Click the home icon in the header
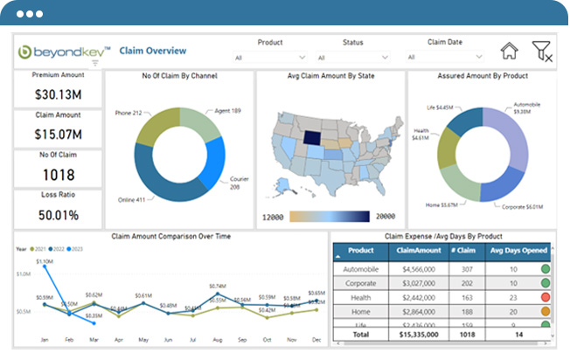(x=509, y=51)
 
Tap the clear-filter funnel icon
(x=542, y=52)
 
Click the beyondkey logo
(x=59, y=51)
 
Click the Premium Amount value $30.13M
(x=58, y=93)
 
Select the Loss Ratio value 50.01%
(x=58, y=214)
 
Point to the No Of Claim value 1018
(x=58, y=175)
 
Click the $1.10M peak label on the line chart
(x=44, y=261)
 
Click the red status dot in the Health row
(x=545, y=297)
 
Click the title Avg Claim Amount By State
(x=330, y=76)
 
